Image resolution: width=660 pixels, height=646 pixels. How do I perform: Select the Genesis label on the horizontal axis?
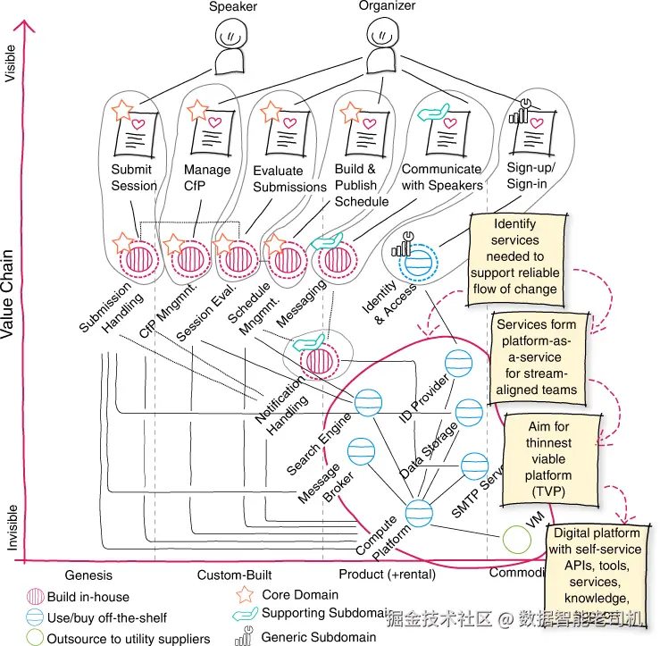89,574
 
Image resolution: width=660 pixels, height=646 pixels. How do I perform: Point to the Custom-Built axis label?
234,574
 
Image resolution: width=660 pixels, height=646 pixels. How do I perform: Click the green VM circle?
515,538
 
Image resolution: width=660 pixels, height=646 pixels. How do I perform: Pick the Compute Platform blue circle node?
419,512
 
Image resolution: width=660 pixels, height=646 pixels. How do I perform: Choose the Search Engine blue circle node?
367,401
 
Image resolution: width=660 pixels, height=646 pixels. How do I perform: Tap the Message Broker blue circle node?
360,450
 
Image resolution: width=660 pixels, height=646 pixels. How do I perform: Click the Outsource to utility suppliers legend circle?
34,638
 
